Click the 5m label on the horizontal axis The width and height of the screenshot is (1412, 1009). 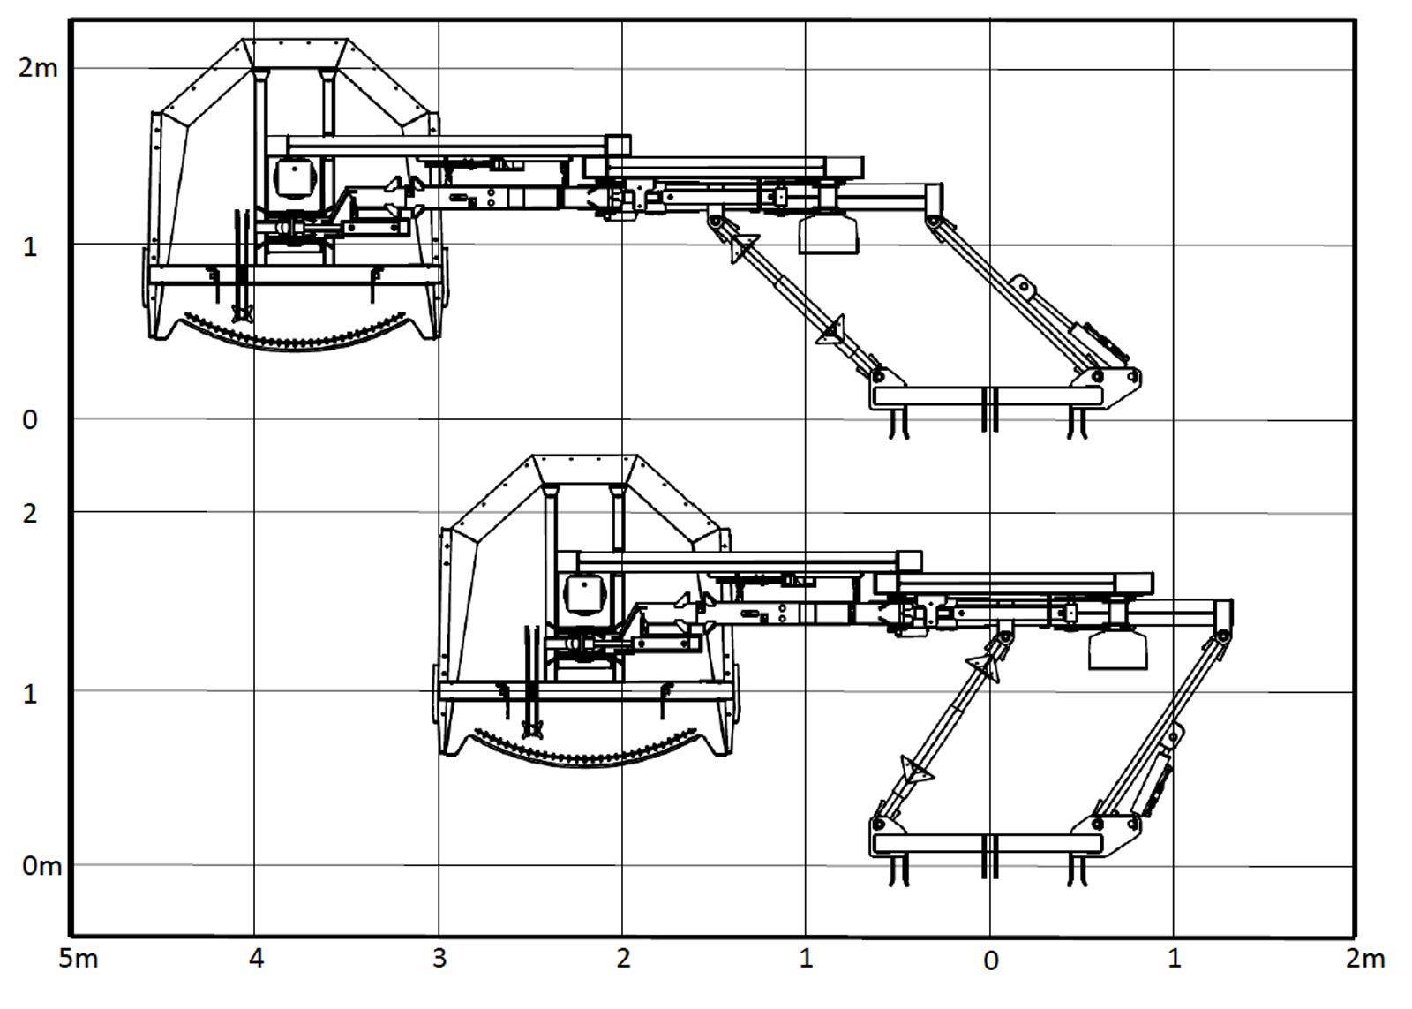[x=79, y=959]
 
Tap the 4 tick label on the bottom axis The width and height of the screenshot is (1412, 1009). [x=256, y=959]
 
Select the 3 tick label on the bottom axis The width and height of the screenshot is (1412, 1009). [x=439, y=959]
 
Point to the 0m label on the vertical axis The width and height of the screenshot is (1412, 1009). [x=41, y=866]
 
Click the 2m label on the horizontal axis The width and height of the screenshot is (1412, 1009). [x=1365, y=959]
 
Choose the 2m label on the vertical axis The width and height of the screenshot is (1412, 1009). [x=38, y=67]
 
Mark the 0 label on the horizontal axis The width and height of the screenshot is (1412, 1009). [x=991, y=960]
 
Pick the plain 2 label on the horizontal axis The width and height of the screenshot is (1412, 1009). [x=623, y=959]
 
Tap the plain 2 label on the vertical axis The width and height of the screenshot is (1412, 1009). [x=30, y=514]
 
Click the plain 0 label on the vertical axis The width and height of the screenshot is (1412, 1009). [x=30, y=420]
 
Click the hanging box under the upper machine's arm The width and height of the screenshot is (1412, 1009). [x=829, y=235]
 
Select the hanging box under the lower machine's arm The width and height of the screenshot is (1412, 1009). [x=1117, y=650]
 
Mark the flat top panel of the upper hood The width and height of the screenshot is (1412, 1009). [x=295, y=53]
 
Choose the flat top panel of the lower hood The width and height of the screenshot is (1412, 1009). [x=585, y=469]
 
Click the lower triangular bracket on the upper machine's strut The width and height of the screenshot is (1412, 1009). [x=831, y=330]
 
